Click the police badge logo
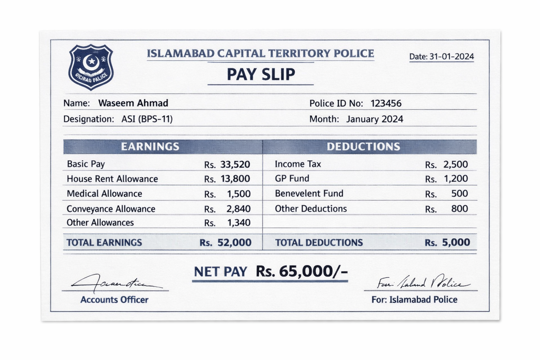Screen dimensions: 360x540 pyautogui.click(x=91, y=67)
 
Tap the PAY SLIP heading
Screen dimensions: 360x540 pyautogui.click(x=261, y=74)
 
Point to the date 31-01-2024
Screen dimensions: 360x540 pyautogui.click(x=451, y=57)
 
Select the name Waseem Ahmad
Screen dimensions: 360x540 pyautogui.click(x=133, y=103)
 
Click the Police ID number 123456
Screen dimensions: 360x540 pyautogui.click(x=386, y=103)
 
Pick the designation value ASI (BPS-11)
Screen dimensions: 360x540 pyautogui.click(x=147, y=119)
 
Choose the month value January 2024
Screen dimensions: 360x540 pyautogui.click(x=374, y=119)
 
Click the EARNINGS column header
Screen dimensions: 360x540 pyautogui.click(x=150, y=147)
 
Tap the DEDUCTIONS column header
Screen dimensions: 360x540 pyautogui.click(x=363, y=147)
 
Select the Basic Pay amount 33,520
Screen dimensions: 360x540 pyautogui.click(x=235, y=165)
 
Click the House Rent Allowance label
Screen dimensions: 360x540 pyautogui.click(x=112, y=179)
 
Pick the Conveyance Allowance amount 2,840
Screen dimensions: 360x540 pyautogui.click(x=238, y=209)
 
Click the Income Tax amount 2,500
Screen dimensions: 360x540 pyautogui.click(x=455, y=165)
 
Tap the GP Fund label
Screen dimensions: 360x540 pyautogui.click(x=292, y=179)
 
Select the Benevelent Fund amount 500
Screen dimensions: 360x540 pyautogui.click(x=459, y=194)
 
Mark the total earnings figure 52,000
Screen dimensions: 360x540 pyautogui.click(x=234, y=243)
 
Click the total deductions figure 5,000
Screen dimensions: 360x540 pyautogui.click(x=456, y=243)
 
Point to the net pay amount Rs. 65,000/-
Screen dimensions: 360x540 pyautogui.click(x=302, y=271)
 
